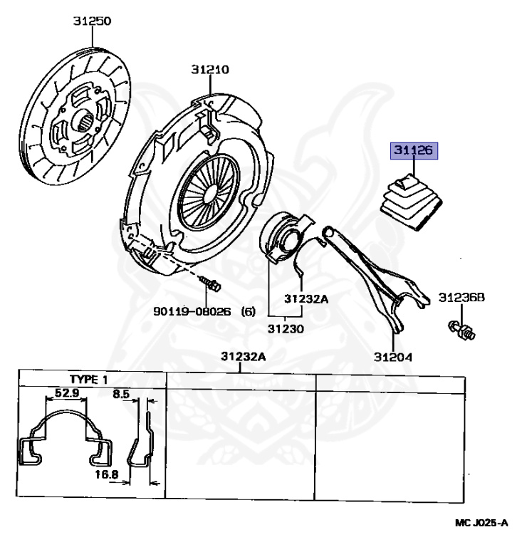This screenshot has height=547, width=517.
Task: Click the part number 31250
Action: point(92,21)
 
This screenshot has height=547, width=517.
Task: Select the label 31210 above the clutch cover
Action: point(209,69)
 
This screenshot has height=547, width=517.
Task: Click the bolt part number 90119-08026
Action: point(192,311)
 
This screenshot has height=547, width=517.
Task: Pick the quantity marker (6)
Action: point(249,311)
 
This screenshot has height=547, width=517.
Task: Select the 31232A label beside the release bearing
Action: point(306,299)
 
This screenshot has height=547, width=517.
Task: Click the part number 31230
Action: point(286,329)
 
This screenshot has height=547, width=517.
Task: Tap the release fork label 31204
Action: point(392,355)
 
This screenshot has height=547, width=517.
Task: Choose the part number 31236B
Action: point(461,297)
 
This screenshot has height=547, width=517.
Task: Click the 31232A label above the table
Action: point(242,356)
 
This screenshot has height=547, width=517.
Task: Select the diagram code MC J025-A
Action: point(481,523)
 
